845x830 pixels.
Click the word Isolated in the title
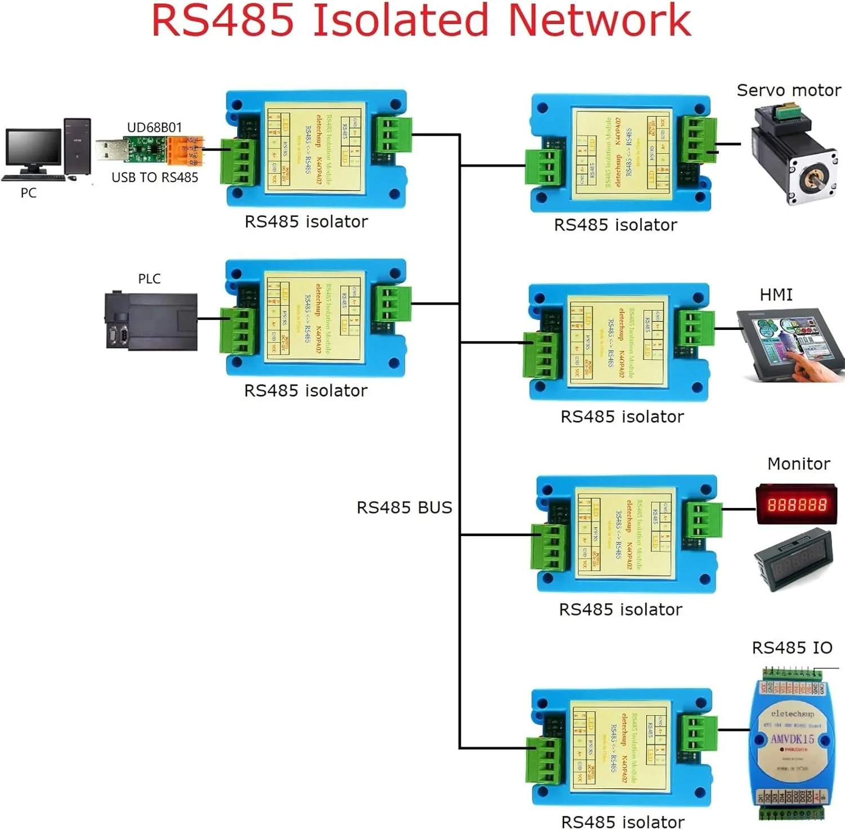(401, 21)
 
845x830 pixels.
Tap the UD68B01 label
(154, 128)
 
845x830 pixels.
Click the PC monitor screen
(33, 147)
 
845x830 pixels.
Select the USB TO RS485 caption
(155, 177)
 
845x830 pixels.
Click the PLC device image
(151, 322)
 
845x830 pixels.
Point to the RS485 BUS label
(404, 507)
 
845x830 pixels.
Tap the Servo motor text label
(788, 90)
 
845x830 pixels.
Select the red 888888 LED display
(796, 504)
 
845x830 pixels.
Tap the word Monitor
(798, 463)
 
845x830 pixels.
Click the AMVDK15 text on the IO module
(792, 739)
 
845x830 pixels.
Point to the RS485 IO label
(791, 648)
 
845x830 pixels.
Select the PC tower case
(77, 146)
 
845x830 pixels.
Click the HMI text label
(776, 294)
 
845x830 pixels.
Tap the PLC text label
(149, 279)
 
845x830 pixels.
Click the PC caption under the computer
(28, 193)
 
